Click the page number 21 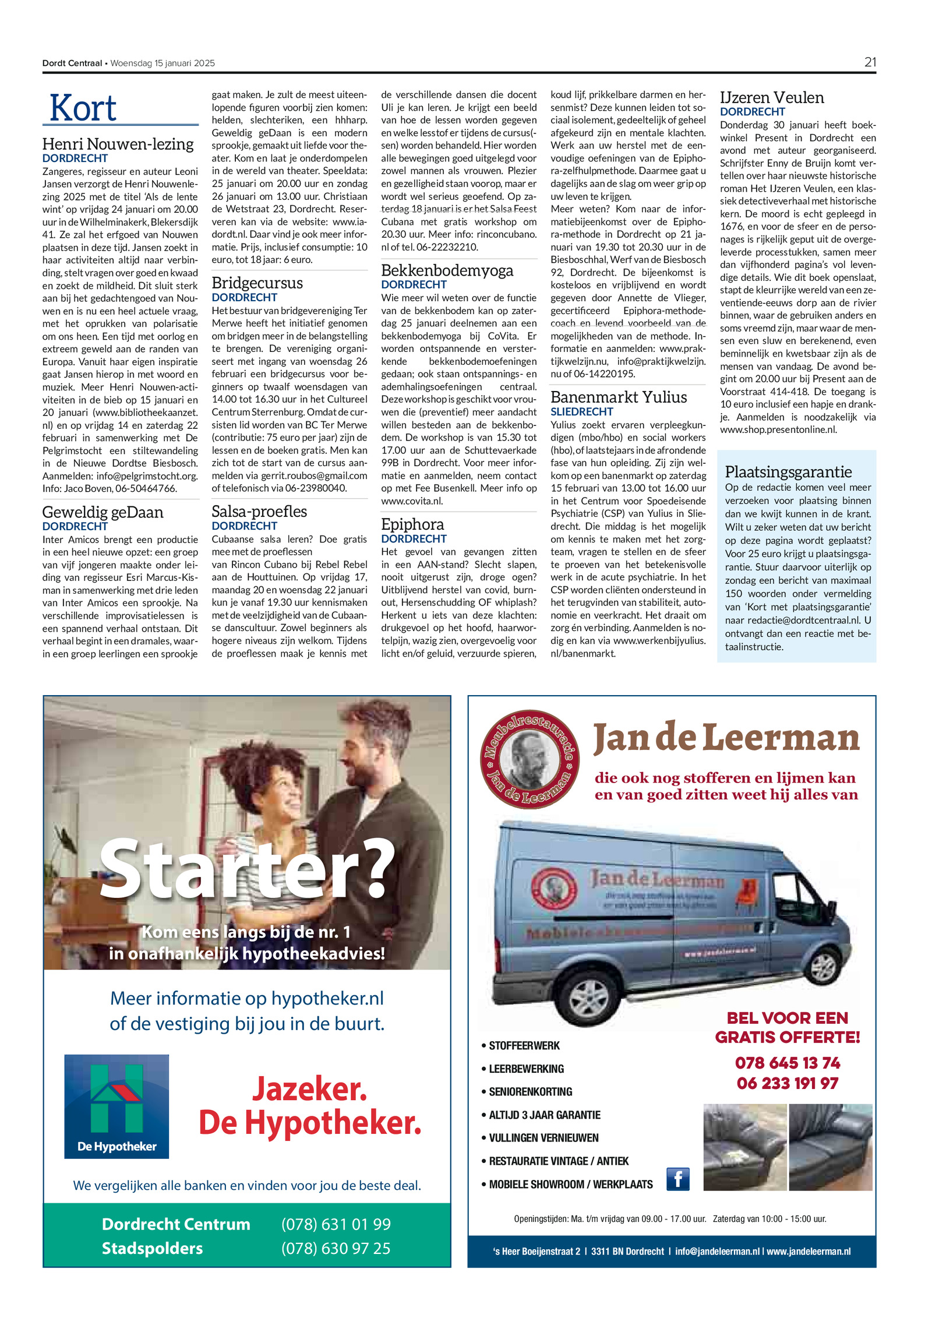point(870,62)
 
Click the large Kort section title point(83,108)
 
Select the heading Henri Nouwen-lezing point(118,144)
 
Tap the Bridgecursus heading point(257,283)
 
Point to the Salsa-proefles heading point(259,511)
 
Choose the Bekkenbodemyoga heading point(447,270)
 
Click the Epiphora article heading point(412,524)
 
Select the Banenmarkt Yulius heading point(619,397)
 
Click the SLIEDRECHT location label point(582,411)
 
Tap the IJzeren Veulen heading point(772,97)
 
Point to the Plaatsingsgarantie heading point(788,471)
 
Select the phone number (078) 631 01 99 point(336,1224)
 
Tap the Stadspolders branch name point(152,1248)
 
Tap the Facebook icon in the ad point(677,1179)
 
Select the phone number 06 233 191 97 point(787,1083)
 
